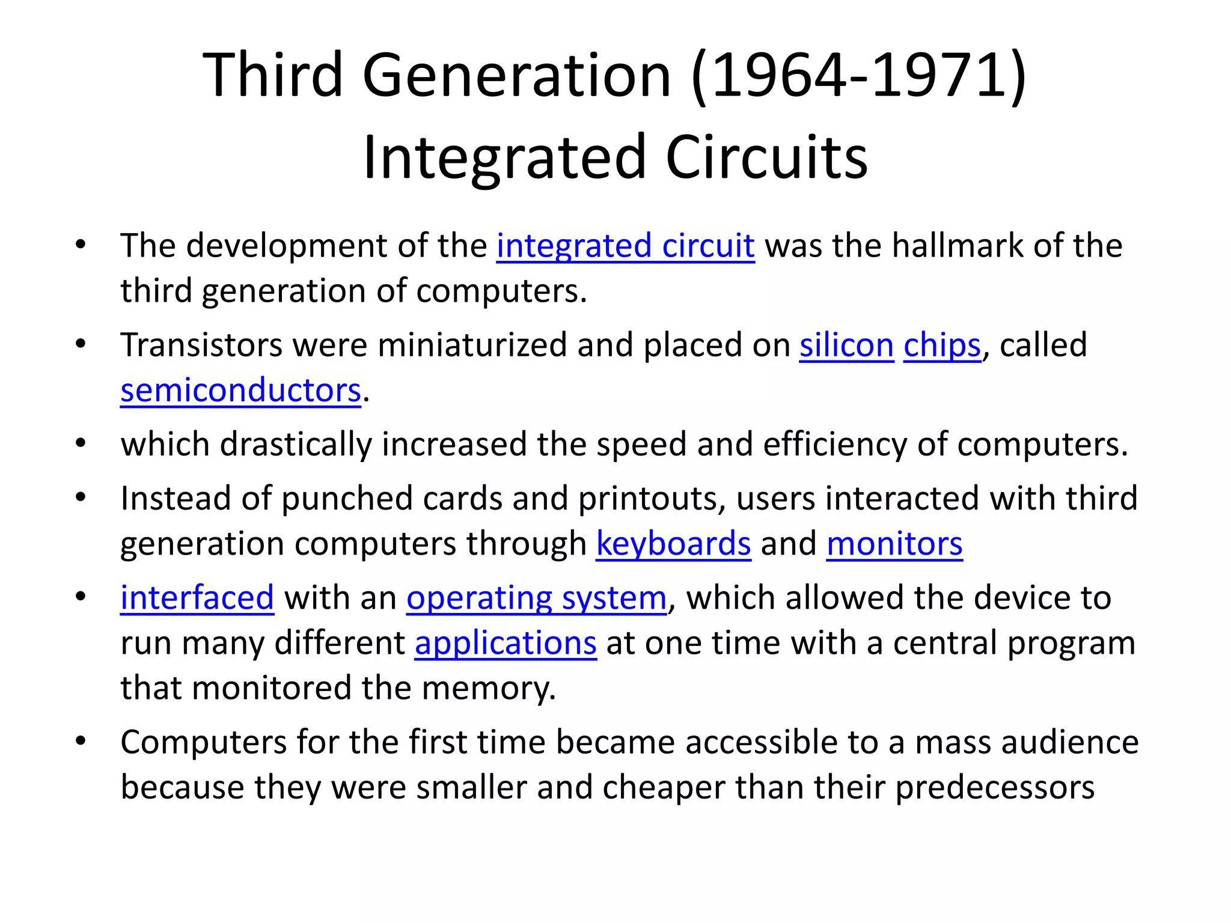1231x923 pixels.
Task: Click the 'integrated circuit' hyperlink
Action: tap(625, 246)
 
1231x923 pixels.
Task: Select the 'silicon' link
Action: tap(846, 346)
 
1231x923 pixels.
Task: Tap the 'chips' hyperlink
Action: tap(942, 346)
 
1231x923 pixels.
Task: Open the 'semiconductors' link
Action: tap(240, 391)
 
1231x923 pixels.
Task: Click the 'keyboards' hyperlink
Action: tap(673, 544)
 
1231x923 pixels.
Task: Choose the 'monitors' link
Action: tap(894, 544)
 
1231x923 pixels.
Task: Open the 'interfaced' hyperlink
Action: tap(197, 598)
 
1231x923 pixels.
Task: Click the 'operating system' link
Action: tap(536, 598)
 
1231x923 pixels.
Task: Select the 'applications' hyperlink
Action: tap(506, 643)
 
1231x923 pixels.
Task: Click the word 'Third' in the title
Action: tap(272, 75)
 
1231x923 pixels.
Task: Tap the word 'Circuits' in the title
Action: tap(766, 157)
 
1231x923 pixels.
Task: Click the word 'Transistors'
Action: tap(201, 346)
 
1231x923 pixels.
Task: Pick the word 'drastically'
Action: tap(295, 445)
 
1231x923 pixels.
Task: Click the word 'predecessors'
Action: tap(995, 787)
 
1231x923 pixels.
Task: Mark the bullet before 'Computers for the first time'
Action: tap(81, 741)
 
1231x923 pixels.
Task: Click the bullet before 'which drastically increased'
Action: tap(81, 443)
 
